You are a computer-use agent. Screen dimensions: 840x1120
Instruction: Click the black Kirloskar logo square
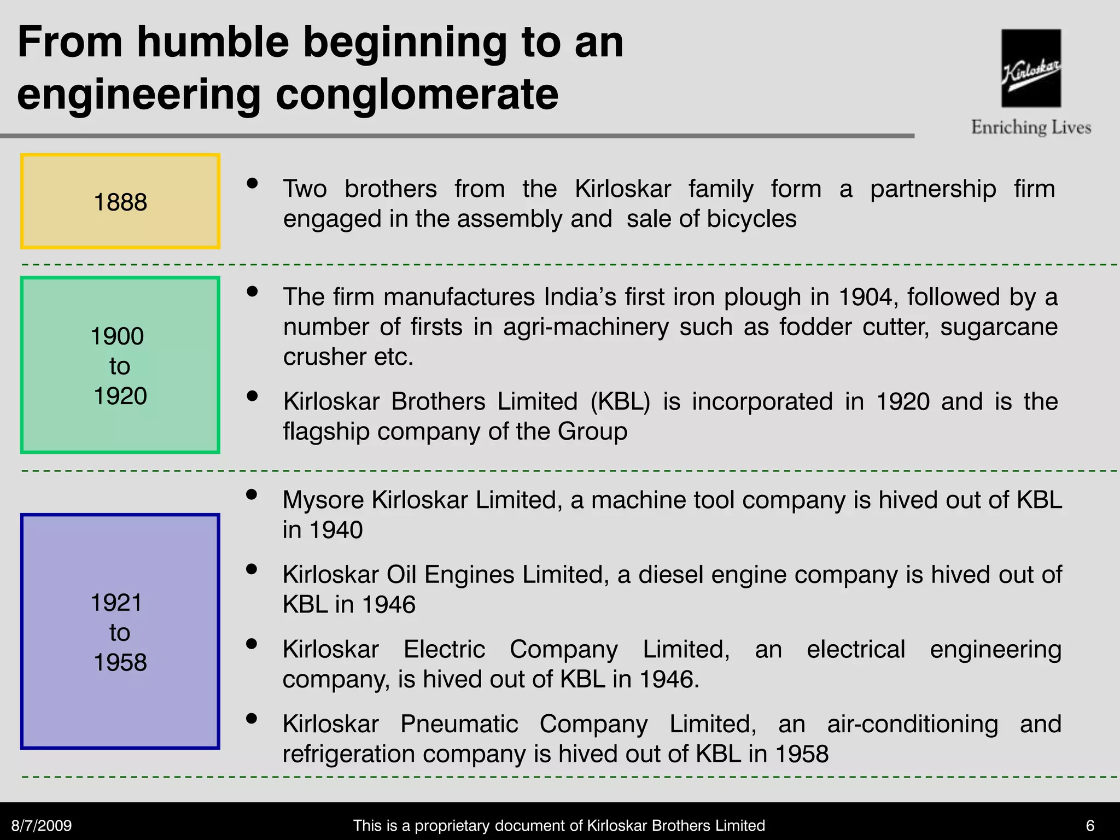coord(1031,68)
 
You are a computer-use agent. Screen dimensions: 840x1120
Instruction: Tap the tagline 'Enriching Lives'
coord(1031,127)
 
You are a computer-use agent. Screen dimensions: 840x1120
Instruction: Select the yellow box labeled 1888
coord(120,201)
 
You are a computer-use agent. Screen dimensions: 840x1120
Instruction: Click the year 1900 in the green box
coord(118,336)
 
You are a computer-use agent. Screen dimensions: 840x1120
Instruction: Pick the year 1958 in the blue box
coord(120,662)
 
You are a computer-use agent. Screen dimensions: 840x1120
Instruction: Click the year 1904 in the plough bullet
coord(867,297)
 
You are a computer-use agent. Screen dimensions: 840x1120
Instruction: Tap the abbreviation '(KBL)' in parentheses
coord(620,401)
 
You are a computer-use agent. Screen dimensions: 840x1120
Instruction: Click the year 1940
coord(336,530)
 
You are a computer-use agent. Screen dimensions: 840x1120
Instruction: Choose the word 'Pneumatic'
coord(459,724)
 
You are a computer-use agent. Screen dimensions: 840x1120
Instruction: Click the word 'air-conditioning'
coord(912,724)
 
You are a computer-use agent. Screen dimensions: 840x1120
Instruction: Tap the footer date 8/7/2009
coord(42,825)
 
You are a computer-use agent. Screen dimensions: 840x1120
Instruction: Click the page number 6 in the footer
coord(1090,825)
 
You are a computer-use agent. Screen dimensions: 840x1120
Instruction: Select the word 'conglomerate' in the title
coord(417,95)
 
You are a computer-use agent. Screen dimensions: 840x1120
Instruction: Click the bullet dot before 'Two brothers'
coord(252,183)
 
